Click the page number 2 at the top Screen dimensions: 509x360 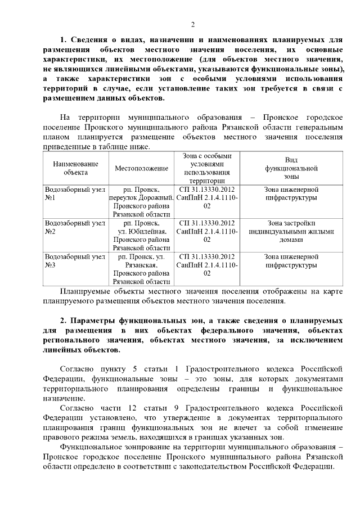[192, 24]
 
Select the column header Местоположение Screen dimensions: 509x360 [142, 168]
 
